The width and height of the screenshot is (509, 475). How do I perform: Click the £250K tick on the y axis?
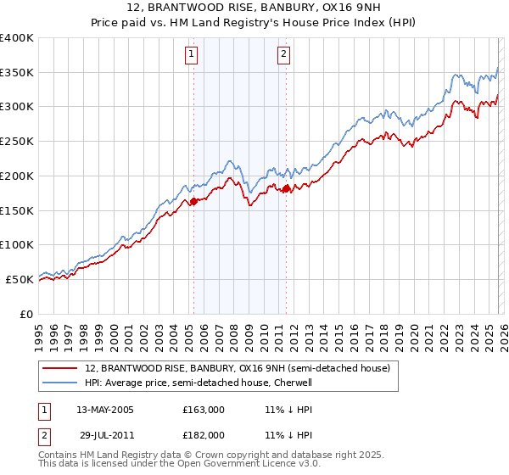(x=17, y=142)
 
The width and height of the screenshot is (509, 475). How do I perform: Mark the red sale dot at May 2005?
(x=193, y=201)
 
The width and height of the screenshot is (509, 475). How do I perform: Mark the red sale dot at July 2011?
(x=286, y=188)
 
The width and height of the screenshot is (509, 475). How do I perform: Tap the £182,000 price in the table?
(x=204, y=434)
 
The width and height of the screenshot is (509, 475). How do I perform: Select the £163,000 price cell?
(x=204, y=410)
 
